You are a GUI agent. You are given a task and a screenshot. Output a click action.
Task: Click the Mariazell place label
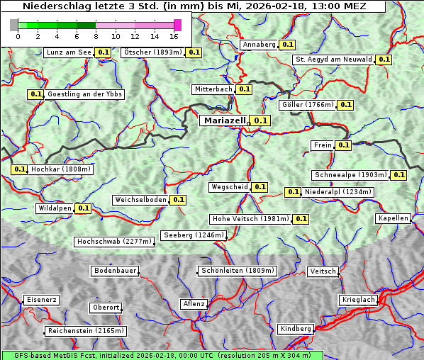pos(223,120)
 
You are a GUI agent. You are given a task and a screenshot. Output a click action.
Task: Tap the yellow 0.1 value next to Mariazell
pos(261,120)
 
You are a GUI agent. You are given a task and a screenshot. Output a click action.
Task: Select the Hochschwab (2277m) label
pos(114,242)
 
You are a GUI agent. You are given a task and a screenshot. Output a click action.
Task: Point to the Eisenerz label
pos(41,300)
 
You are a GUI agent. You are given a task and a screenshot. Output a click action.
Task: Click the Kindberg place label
pos(295,329)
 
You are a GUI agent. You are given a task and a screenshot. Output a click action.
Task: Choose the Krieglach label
pos(358,300)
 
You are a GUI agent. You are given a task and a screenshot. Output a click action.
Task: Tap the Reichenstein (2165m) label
pos(86,331)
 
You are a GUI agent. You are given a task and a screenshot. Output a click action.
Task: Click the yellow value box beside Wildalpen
pos(83,208)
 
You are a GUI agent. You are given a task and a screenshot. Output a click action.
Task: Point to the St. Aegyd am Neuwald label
pos(334,60)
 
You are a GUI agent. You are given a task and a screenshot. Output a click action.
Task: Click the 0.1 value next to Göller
pos(345,105)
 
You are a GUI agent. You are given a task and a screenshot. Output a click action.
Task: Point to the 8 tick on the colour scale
pos(95,35)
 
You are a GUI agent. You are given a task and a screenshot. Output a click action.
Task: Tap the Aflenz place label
pos(194,304)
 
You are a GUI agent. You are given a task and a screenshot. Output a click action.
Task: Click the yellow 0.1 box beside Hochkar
pos(19,169)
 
